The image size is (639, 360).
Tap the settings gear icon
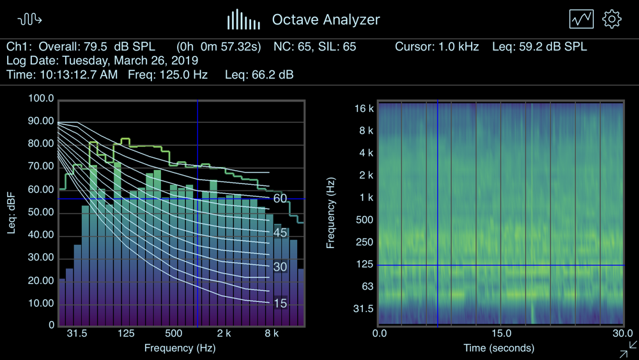pos(612,19)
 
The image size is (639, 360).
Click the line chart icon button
pos(581,19)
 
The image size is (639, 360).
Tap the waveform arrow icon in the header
pos(30,20)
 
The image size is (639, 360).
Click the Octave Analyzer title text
pos(326,20)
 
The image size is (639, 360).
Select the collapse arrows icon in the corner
pos(628,349)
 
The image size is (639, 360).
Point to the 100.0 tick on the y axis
pos(41,98)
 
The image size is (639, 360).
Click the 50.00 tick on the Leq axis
pos(40,212)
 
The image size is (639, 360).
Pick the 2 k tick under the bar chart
pos(224,334)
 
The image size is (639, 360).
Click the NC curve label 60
pos(280,199)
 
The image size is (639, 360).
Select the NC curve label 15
pos(280,304)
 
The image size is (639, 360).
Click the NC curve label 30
pos(280,267)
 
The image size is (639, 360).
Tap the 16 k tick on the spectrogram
pos(364,109)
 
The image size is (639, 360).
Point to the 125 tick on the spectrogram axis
pos(365,265)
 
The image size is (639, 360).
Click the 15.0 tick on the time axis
pos(501,334)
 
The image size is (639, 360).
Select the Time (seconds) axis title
pos(499,348)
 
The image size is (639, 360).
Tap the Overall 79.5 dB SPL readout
pos(81,47)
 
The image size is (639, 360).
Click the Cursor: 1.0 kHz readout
pos(436,47)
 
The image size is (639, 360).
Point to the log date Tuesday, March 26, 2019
pos(102,61)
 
